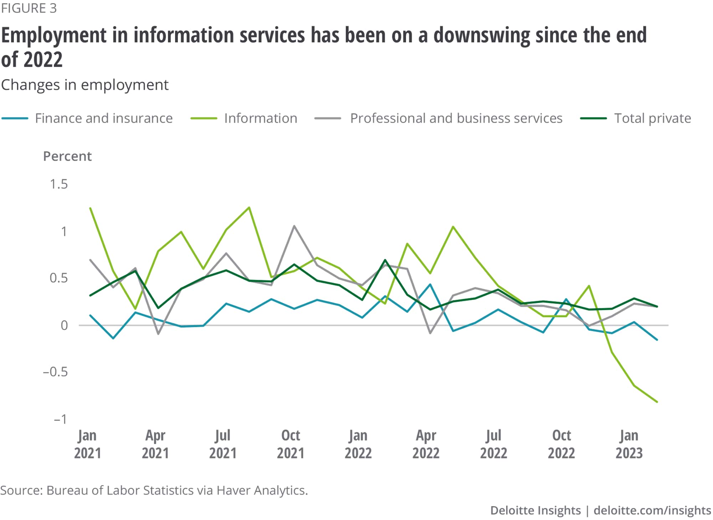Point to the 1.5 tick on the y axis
tap(59, 184)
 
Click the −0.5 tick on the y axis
tap(55, 372)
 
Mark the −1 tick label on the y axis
tap(60, 419)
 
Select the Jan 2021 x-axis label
tap(87, 444)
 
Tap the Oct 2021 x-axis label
tap(291, 444)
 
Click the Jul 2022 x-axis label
tap(493, 444)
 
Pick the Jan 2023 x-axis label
tap(629, 444)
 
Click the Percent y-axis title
tap(67, 156)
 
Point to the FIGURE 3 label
tap(29, 8)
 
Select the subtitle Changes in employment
tap(85, 85)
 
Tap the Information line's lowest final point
tap(657, 402)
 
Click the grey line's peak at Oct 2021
tap(294, 226)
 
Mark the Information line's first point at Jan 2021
tap(91, 208)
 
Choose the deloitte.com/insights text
tap(652, 510)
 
